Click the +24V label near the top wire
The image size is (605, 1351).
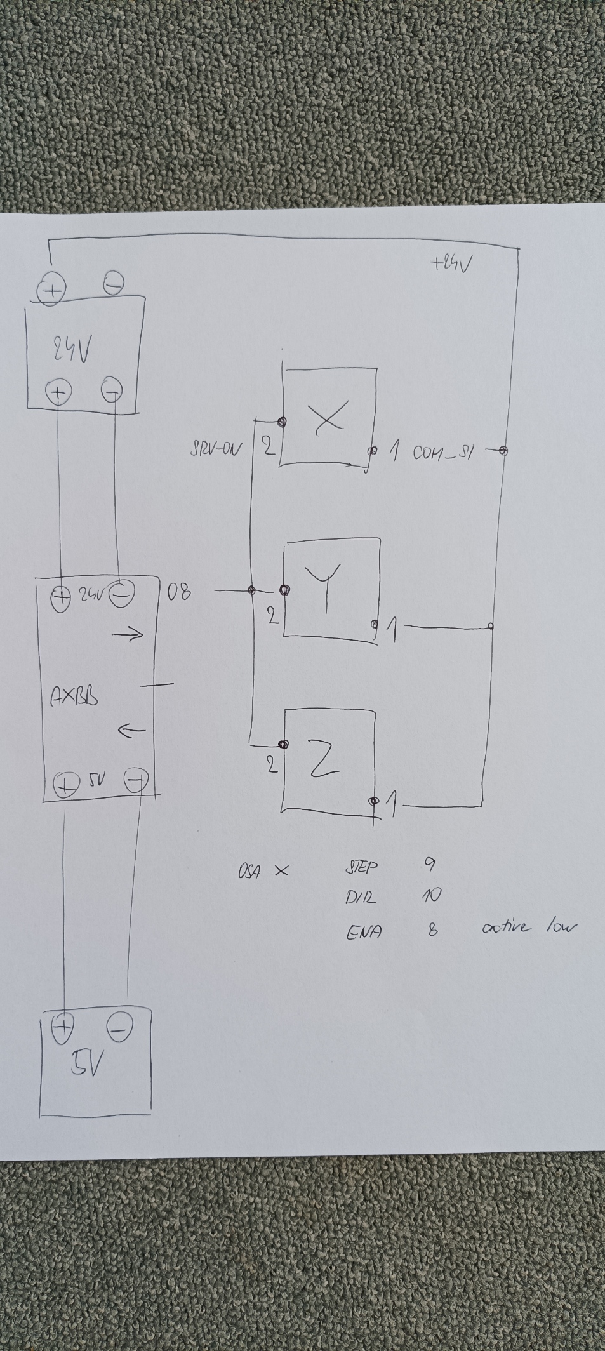[451, 263]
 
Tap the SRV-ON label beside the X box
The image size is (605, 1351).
[216, 449]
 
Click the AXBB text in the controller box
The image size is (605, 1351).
[74, 697]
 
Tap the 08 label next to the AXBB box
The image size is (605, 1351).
[178, 593]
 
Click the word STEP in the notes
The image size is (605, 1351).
[361, 867]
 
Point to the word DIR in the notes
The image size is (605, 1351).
[360, 898]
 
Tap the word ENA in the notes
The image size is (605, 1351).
[364, 931]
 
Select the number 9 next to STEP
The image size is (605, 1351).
[429, 864]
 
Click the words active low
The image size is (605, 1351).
[529, 928]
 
